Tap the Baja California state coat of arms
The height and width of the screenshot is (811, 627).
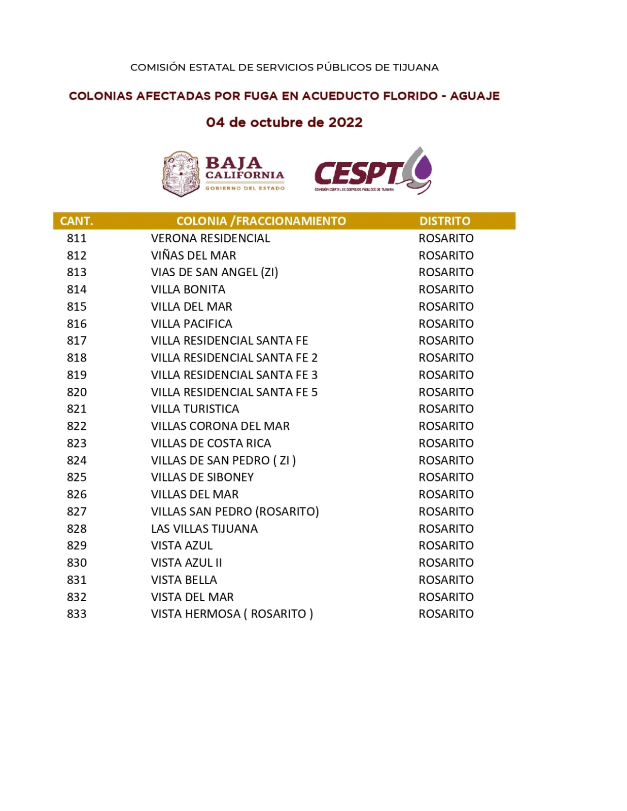click(x=181, y=173)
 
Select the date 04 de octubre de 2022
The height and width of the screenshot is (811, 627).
click(x=284, y=123)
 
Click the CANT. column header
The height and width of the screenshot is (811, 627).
click(x=77, y=221)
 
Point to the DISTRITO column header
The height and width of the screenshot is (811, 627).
click(x=445, y=221)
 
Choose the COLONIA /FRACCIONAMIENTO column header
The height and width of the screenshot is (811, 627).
click(x=261, y=221)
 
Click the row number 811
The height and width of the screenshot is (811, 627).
click(x=77, y=238)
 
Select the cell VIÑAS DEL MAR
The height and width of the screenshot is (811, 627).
click(x=193, y=255)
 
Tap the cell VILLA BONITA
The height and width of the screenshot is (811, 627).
click(x=188, y=289)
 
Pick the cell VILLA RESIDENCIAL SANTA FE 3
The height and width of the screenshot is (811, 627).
click(x=234, y=375)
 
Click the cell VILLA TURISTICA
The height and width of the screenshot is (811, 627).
click(x=195, y=409)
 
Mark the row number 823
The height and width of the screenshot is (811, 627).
click(x=77, y=444)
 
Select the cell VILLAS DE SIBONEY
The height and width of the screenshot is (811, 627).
click(x=202, y=477)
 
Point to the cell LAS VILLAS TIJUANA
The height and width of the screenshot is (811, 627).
click(x=204, y=529)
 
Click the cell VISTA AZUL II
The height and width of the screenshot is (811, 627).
click(x=186, y=563)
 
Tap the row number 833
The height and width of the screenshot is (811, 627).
click(x=77, y=614)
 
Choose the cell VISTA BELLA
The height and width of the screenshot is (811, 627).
click(x=184, y=580)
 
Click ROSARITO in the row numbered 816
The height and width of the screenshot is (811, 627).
click(x=446, y=324)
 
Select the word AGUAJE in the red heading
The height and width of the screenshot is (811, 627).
click(x=475, y=96)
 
